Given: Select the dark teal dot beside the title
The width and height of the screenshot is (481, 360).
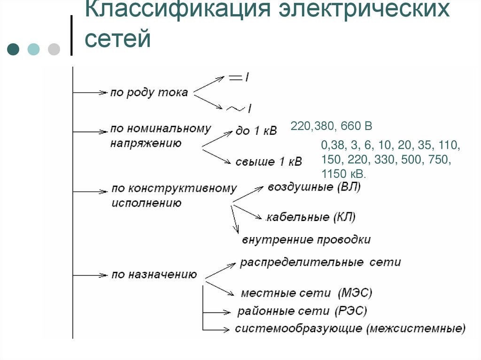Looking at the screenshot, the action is click(14, 49).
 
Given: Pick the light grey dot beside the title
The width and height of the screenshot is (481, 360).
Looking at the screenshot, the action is click(54, 49).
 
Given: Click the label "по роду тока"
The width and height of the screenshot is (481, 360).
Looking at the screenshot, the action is click(149, 92).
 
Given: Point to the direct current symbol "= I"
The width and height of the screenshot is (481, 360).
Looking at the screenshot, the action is click(239, 78).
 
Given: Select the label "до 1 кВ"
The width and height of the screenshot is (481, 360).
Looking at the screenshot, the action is click(256, 131).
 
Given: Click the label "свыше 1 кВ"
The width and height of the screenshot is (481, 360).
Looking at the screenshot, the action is click(268, 162).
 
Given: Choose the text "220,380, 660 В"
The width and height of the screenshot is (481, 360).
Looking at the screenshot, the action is click(331, 126).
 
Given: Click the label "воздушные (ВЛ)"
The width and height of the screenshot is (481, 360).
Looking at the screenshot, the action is click(314, 187).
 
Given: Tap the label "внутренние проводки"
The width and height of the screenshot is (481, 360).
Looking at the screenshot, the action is click(306, 240).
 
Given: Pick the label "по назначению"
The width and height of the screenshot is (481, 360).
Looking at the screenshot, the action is click(154, 275).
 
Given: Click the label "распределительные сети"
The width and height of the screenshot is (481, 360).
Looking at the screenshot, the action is click(320, 262).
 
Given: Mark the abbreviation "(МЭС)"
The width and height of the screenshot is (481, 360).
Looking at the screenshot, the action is click(355, 293).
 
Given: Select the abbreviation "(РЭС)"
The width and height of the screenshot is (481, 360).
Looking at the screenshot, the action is click(351, 311).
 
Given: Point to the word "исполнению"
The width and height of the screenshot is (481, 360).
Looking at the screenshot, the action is click(147, 203).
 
